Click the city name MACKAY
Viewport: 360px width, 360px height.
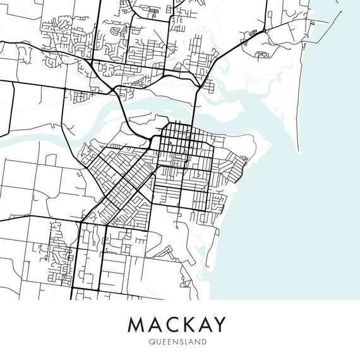(x=177, y=325)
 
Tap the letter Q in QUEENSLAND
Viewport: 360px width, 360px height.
(x=152, y=342)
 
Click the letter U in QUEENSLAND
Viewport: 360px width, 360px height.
(x=158, y=342)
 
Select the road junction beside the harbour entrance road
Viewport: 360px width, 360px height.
(x=263, y=30)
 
